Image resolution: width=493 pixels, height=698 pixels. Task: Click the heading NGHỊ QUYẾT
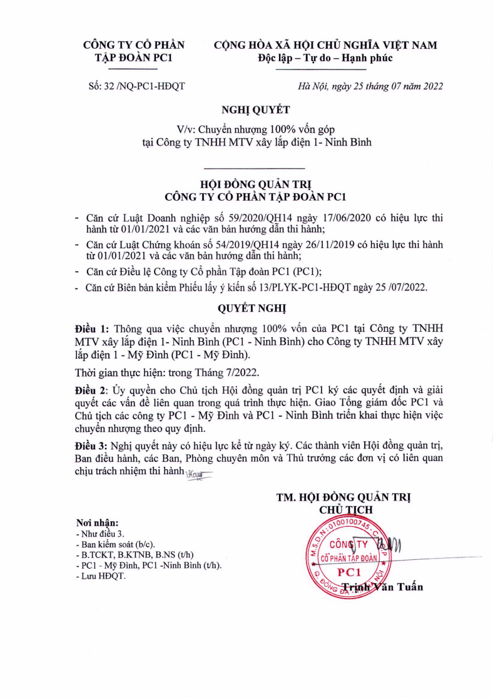(x=246, y=111)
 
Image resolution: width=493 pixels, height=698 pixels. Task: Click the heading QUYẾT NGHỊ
(x=246, y=309)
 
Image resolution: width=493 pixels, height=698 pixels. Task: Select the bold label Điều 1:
(x=92, y=328)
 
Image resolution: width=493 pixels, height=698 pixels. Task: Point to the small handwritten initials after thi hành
(x=198, y=477)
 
